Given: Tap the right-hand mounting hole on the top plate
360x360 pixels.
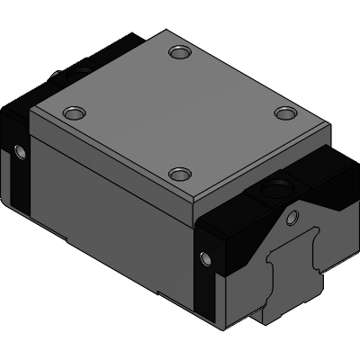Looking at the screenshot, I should coord(285,112).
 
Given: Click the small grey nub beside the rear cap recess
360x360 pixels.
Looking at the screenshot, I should coord(60,71).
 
